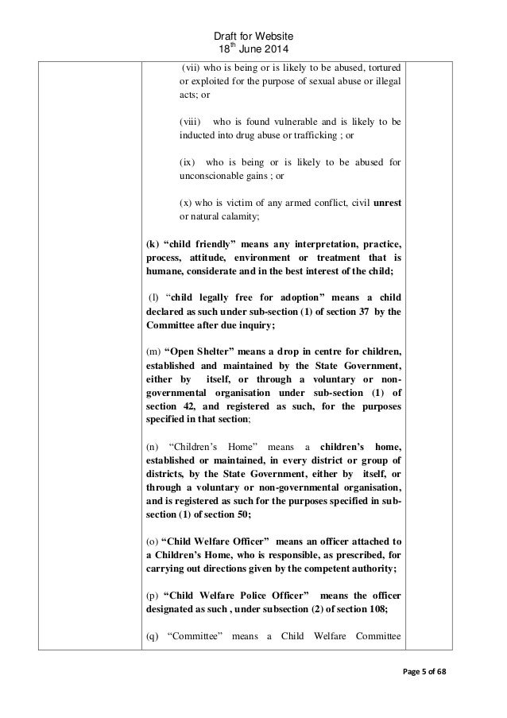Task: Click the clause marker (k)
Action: point(151,243)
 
